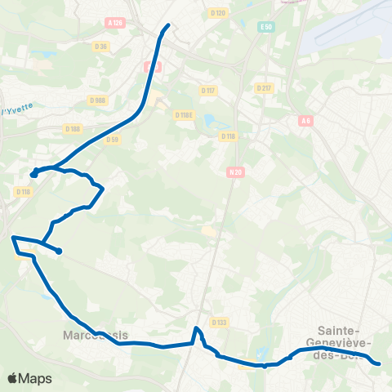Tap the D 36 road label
[101, 47]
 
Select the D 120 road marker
[216, 13]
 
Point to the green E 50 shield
[266, 27]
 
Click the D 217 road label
[263, 87]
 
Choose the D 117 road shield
[207, 91]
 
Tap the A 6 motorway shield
[305, 121]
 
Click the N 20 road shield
[236, 171]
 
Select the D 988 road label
[99, 100]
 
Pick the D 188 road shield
[73, 128]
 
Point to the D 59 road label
[113, 139]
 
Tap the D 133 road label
[218, 323]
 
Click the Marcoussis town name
[95, 334]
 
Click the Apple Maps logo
[29, 379]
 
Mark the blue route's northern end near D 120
[168, 25]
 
